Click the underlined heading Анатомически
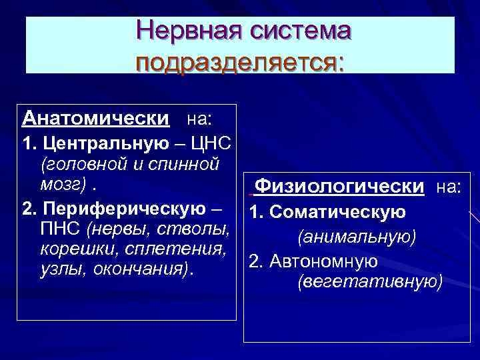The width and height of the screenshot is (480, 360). [x=95, y=119]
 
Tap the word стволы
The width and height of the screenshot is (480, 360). [x=197, y=230]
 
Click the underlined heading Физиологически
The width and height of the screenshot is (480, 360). [x=340, y=186]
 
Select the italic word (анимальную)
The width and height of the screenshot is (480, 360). [x=357, y=237]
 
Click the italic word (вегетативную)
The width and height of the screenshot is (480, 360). [x=370, y=282]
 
